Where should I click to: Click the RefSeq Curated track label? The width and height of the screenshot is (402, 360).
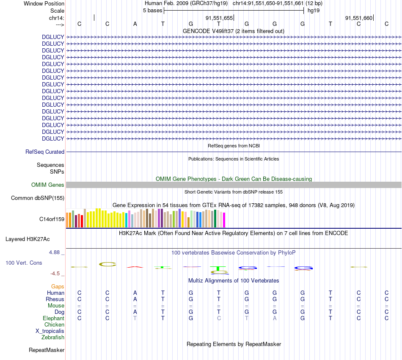point(45,152)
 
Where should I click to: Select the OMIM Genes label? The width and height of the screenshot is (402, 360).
point(48,185)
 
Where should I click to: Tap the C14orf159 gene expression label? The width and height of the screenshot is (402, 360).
point(52,219)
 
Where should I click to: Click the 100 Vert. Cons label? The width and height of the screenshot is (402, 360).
point(24,263)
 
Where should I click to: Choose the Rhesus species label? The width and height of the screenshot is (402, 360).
point(55,299)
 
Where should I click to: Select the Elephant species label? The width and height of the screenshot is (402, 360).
point(53,318)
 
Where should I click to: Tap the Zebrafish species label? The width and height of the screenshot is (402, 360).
point(53,337)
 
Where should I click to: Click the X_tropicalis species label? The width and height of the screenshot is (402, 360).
point(50,331)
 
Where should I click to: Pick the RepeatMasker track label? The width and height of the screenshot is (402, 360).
point(47,350)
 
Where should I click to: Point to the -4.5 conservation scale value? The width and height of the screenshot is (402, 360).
point(56,273)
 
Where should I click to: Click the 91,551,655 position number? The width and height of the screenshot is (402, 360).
point(219,18)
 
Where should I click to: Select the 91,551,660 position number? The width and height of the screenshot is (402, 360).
point(359,18)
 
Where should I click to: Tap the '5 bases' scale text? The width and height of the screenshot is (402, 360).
point(152,10)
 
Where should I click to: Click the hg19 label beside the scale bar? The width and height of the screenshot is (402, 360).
point(314,10)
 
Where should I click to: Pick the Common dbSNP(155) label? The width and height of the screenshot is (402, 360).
point(38,198)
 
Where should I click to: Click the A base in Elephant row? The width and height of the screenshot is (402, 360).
point(274,318)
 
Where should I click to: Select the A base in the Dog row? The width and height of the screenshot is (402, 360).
point(135,312)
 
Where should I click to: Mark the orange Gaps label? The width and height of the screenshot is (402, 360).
point(58,286)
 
